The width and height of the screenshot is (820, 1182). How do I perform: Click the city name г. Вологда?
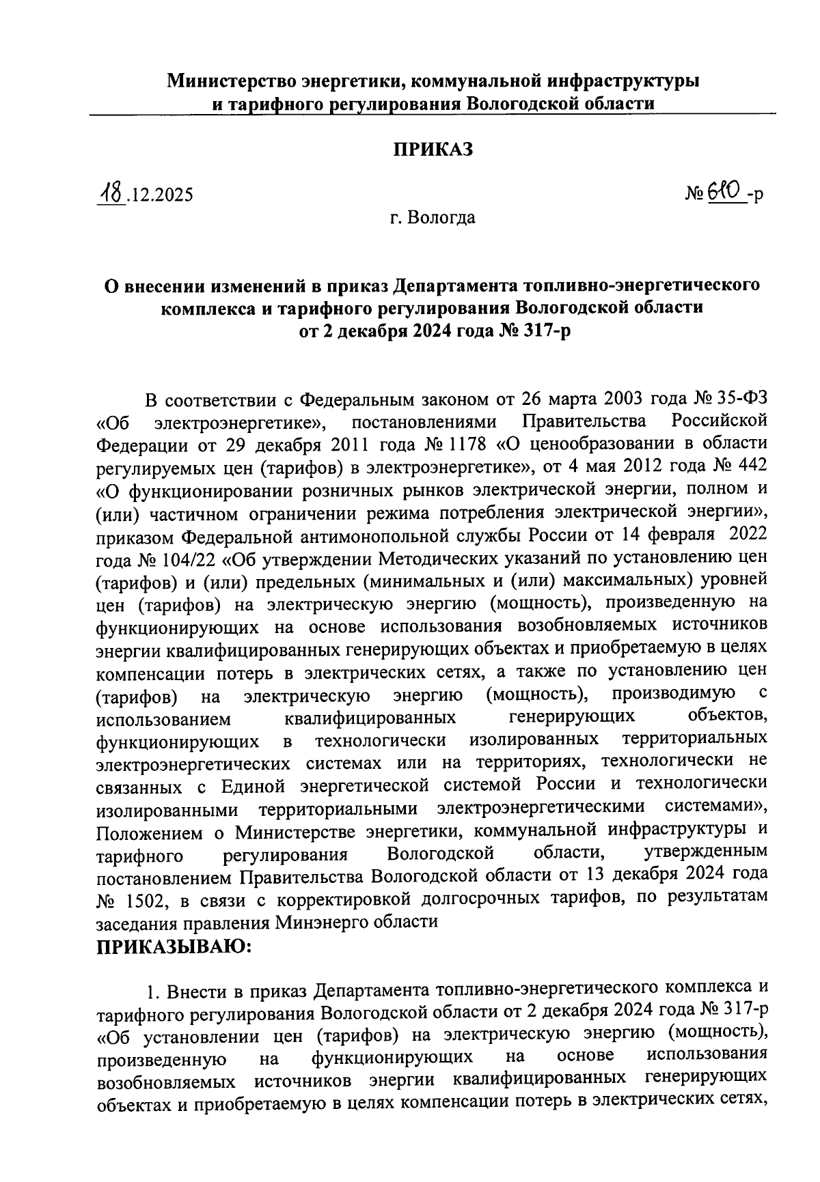pos(433,219)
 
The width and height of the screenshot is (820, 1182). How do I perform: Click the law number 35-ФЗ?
pos(741,398)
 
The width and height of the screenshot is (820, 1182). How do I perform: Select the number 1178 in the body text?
pos(465,444)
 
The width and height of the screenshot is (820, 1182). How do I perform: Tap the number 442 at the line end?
pos(750,466)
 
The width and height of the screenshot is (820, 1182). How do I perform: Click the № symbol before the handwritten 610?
pos(693,195)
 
